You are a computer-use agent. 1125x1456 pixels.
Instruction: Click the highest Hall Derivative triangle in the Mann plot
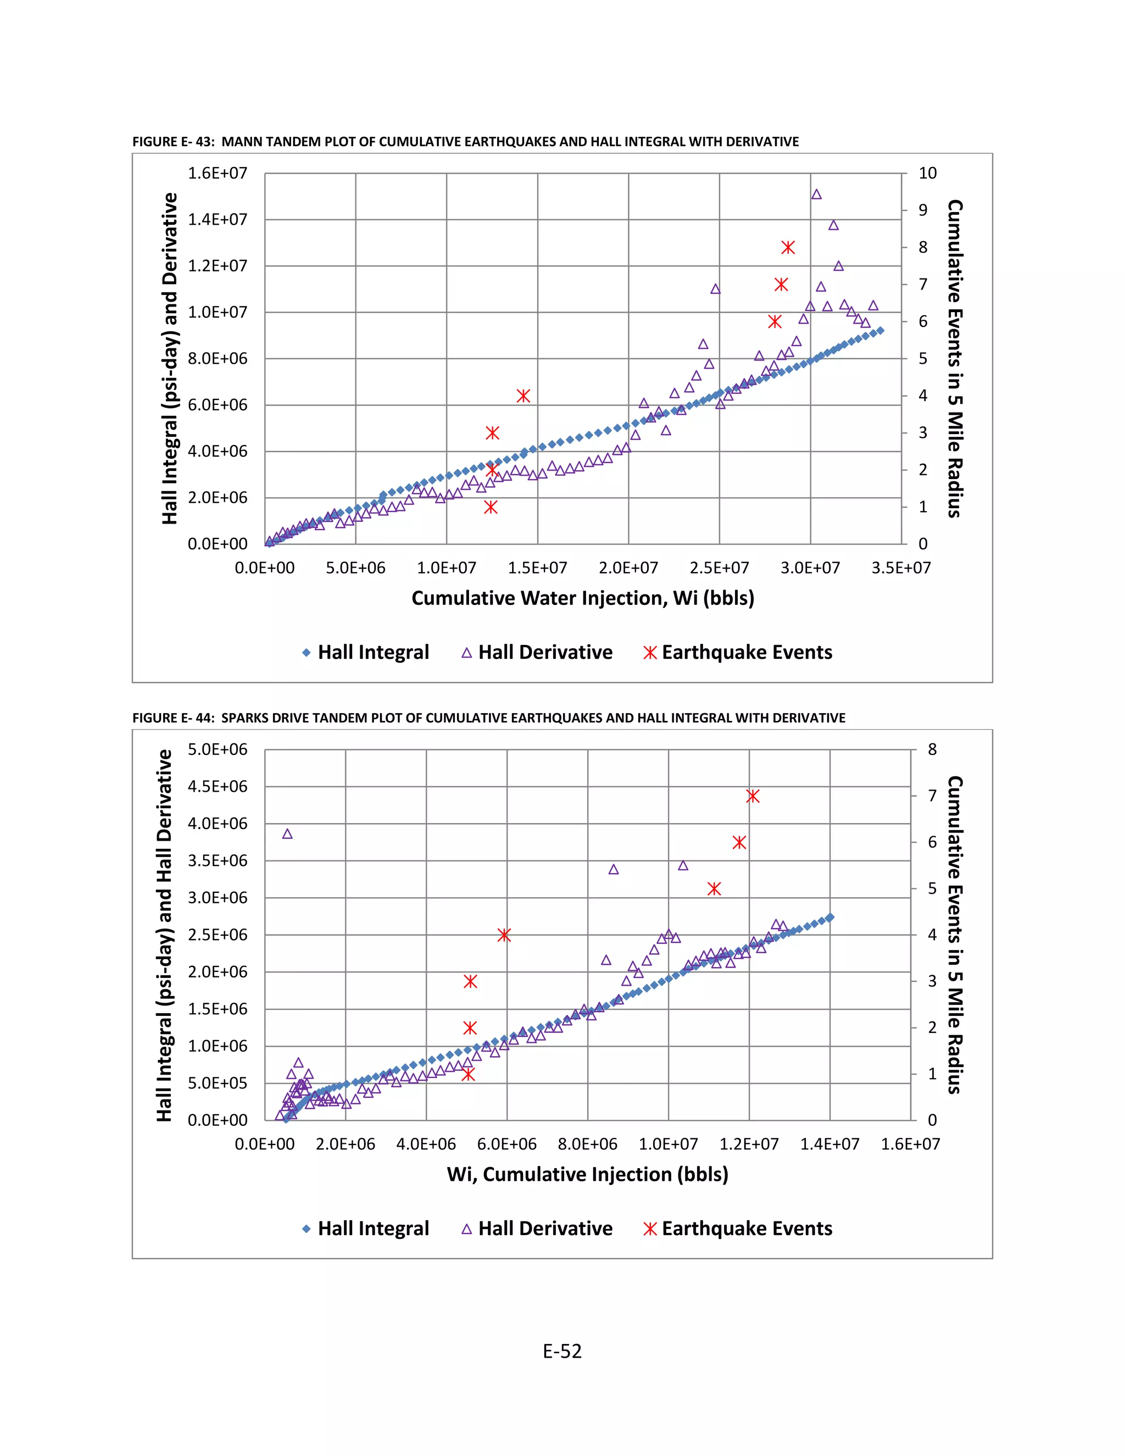816,194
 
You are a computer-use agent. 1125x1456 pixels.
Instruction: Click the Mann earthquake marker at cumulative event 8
788,248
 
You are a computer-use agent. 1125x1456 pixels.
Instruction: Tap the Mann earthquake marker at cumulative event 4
523,396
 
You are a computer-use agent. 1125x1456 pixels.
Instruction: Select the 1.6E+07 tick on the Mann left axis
218,173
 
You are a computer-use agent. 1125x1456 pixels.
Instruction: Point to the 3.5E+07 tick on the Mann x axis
901,568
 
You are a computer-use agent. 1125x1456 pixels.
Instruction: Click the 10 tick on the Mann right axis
927,173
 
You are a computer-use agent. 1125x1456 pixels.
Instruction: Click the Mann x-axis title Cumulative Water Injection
582,598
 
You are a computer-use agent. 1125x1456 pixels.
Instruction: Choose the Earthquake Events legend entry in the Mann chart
738,652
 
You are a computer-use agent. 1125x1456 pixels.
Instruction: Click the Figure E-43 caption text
465,141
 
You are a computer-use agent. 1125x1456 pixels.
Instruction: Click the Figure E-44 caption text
488,718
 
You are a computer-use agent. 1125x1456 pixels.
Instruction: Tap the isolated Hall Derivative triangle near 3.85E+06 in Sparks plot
287,834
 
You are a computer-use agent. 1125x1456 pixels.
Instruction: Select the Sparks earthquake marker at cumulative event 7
753,796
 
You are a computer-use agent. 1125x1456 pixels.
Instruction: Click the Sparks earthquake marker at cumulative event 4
504,935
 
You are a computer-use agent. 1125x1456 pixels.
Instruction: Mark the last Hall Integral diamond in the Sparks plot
830,918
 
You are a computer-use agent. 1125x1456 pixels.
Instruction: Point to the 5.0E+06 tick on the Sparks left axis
218,749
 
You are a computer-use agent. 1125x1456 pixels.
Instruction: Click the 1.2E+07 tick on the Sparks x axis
749,1144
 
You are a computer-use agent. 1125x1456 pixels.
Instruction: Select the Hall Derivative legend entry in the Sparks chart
537,1228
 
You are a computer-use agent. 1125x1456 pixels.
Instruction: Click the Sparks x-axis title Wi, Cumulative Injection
587,1174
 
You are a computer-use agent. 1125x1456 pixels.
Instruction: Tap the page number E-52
562,1352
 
